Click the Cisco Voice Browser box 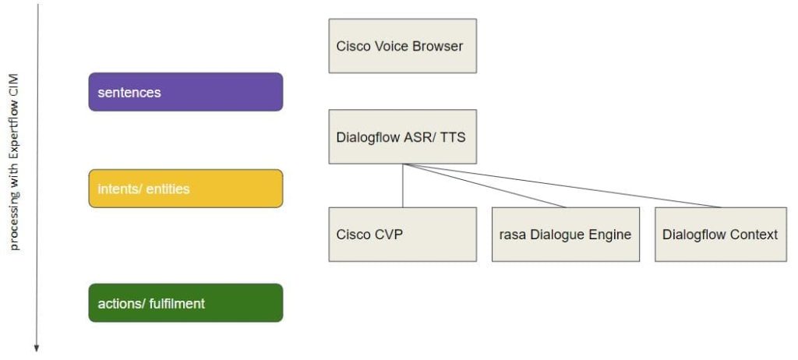tap(403, 46)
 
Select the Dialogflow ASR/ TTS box tap(403, 136)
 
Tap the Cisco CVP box tap(403, 235)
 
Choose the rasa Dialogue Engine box tap(566, 235)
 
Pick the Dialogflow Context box tap(721, 235)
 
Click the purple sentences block tap(185, 92)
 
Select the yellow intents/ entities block tap(185, 189)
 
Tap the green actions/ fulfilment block tap(185, 303)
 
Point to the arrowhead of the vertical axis tap(37, 349)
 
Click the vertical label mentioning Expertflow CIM tap(14, 162)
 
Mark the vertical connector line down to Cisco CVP tap(403, 185)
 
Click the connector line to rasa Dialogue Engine tap(484, 185)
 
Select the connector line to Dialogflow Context tap(562, 185)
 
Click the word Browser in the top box tap(437, 46)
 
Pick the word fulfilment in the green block tap(177, 303)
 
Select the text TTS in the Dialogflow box tap(454, 137)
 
